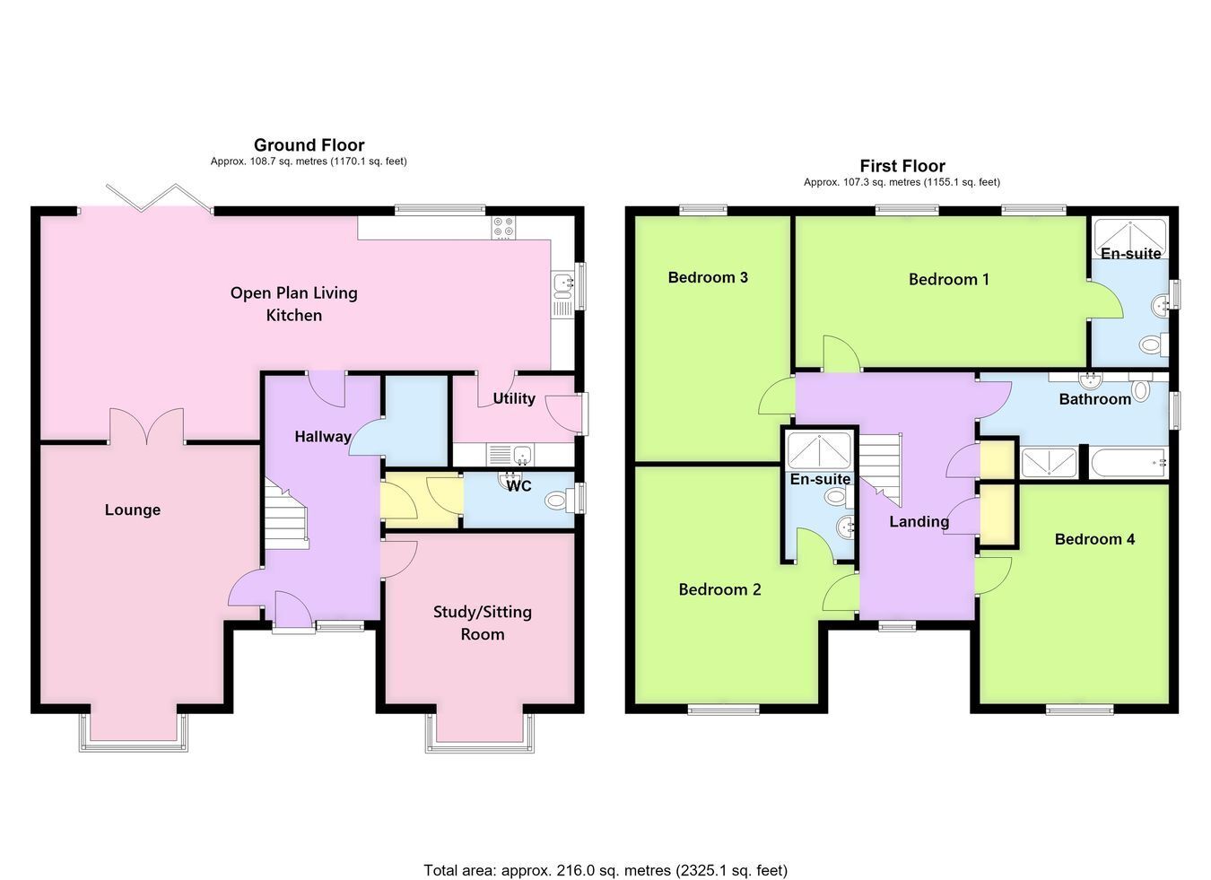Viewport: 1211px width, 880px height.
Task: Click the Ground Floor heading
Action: pos(309,144)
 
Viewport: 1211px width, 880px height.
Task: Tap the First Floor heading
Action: pos(902,165)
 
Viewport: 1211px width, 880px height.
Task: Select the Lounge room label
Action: pos(133,510)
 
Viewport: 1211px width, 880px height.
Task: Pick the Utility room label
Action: pos(514,398)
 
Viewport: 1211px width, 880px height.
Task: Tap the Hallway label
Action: pos(323,437)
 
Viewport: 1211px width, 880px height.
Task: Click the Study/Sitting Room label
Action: pos(483,623)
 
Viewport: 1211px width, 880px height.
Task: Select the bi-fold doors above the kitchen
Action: pos(160,199)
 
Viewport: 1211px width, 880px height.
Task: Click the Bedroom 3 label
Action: pos(708,277)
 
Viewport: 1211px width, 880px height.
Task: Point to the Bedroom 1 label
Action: pos(949,280)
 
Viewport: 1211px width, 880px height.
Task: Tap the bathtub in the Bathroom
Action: pos(1128,463)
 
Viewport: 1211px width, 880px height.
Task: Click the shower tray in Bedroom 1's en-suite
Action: pos(1130,238)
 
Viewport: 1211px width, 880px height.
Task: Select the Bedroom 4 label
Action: pos(1094,539)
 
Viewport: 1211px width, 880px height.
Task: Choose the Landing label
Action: pos(919,521)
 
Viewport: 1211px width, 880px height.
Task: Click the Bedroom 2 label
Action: pos(719,589)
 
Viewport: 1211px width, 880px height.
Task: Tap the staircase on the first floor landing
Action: pos(880,469)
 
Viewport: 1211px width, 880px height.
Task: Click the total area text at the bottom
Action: pos(605,840)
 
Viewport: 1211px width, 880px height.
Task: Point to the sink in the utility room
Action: pos(510,455)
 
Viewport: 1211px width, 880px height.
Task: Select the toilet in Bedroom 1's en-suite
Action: pos(1154,344)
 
